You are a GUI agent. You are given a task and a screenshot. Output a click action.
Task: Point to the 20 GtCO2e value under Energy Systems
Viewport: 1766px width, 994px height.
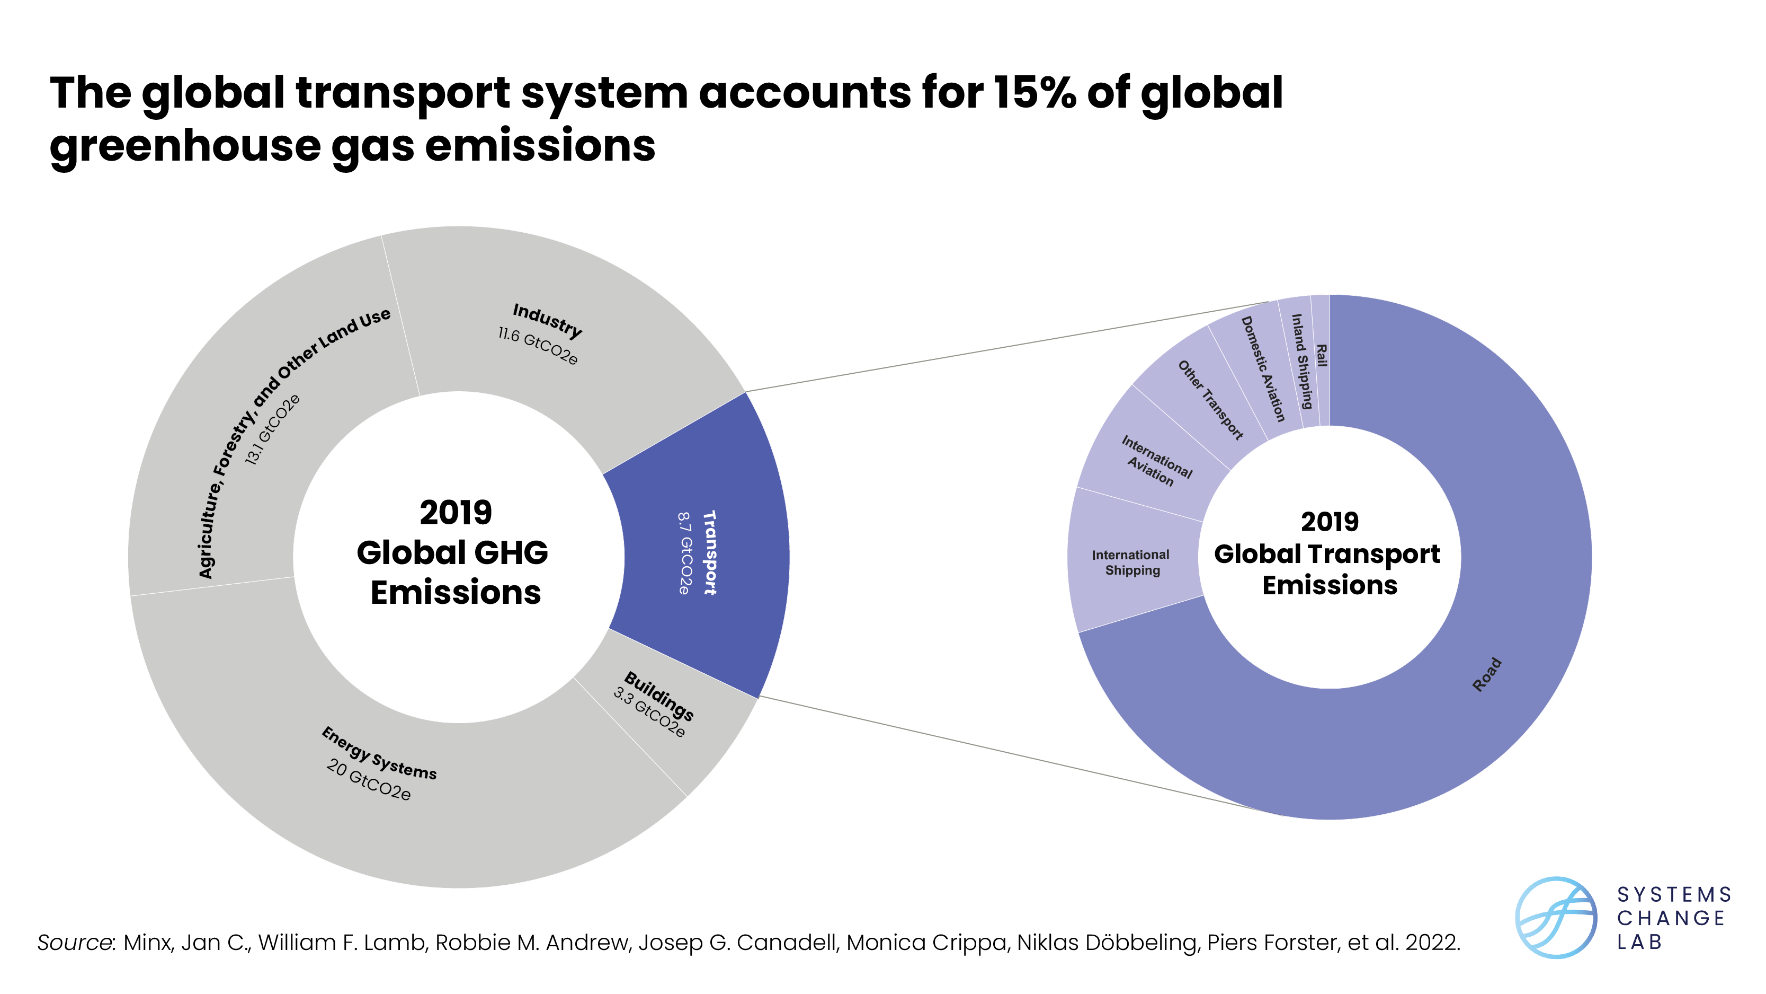pyautogui.click(x=368, y=779)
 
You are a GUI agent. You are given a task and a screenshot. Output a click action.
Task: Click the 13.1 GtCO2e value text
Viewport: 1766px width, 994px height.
pyautogui.click(x=273, y=429)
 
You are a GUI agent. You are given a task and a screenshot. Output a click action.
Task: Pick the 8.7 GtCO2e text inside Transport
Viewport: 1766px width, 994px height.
pyautogui.click(x=684, y=553)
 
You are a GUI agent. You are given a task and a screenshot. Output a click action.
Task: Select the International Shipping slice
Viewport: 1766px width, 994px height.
pyautogui.click(x=1132, y=562)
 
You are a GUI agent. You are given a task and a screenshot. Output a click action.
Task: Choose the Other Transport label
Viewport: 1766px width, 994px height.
pyautogui.click(x=1210, y=399)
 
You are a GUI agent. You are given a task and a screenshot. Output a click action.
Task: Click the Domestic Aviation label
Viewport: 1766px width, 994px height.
pyautogui.click(x=1262, y=368)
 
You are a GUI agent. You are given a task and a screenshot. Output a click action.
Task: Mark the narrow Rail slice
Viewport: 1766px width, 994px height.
pyautogui.click(x=1321, y=356)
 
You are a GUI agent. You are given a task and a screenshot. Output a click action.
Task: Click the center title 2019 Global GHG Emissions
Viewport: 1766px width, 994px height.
pyautogui.click(x=454, y=552)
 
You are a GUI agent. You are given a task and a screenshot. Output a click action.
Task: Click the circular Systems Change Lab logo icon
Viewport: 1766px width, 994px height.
pyautogui.click(x=1556, y=917)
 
